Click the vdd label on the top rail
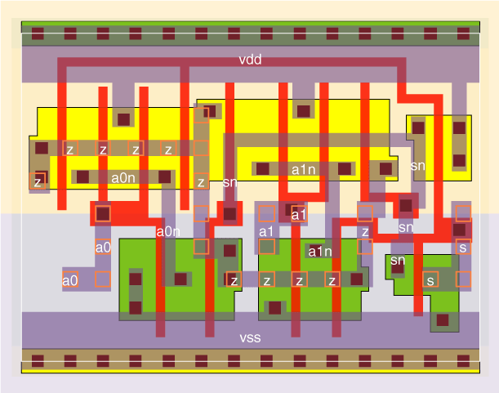coord(250,60)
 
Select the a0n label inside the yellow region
coord(123,176)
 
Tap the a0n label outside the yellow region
coord(167,232)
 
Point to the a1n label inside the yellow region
coord(303,170)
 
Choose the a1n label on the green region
coord(319,252)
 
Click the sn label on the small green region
coord(398,261)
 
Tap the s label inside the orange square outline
coord(463,247)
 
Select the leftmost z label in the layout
coord(37,182)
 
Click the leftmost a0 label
coord(70,280)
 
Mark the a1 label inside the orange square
coord(299,214)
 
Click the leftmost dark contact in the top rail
coord(38,34)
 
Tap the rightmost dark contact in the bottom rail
coord(463,360)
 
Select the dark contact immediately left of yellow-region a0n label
coord(83,176)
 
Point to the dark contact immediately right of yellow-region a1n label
coord(345,169)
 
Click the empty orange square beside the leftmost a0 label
coord(102,279)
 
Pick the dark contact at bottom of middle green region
coord(275,308)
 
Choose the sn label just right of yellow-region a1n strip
coord(417,165)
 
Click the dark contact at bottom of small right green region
coord(442,320)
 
